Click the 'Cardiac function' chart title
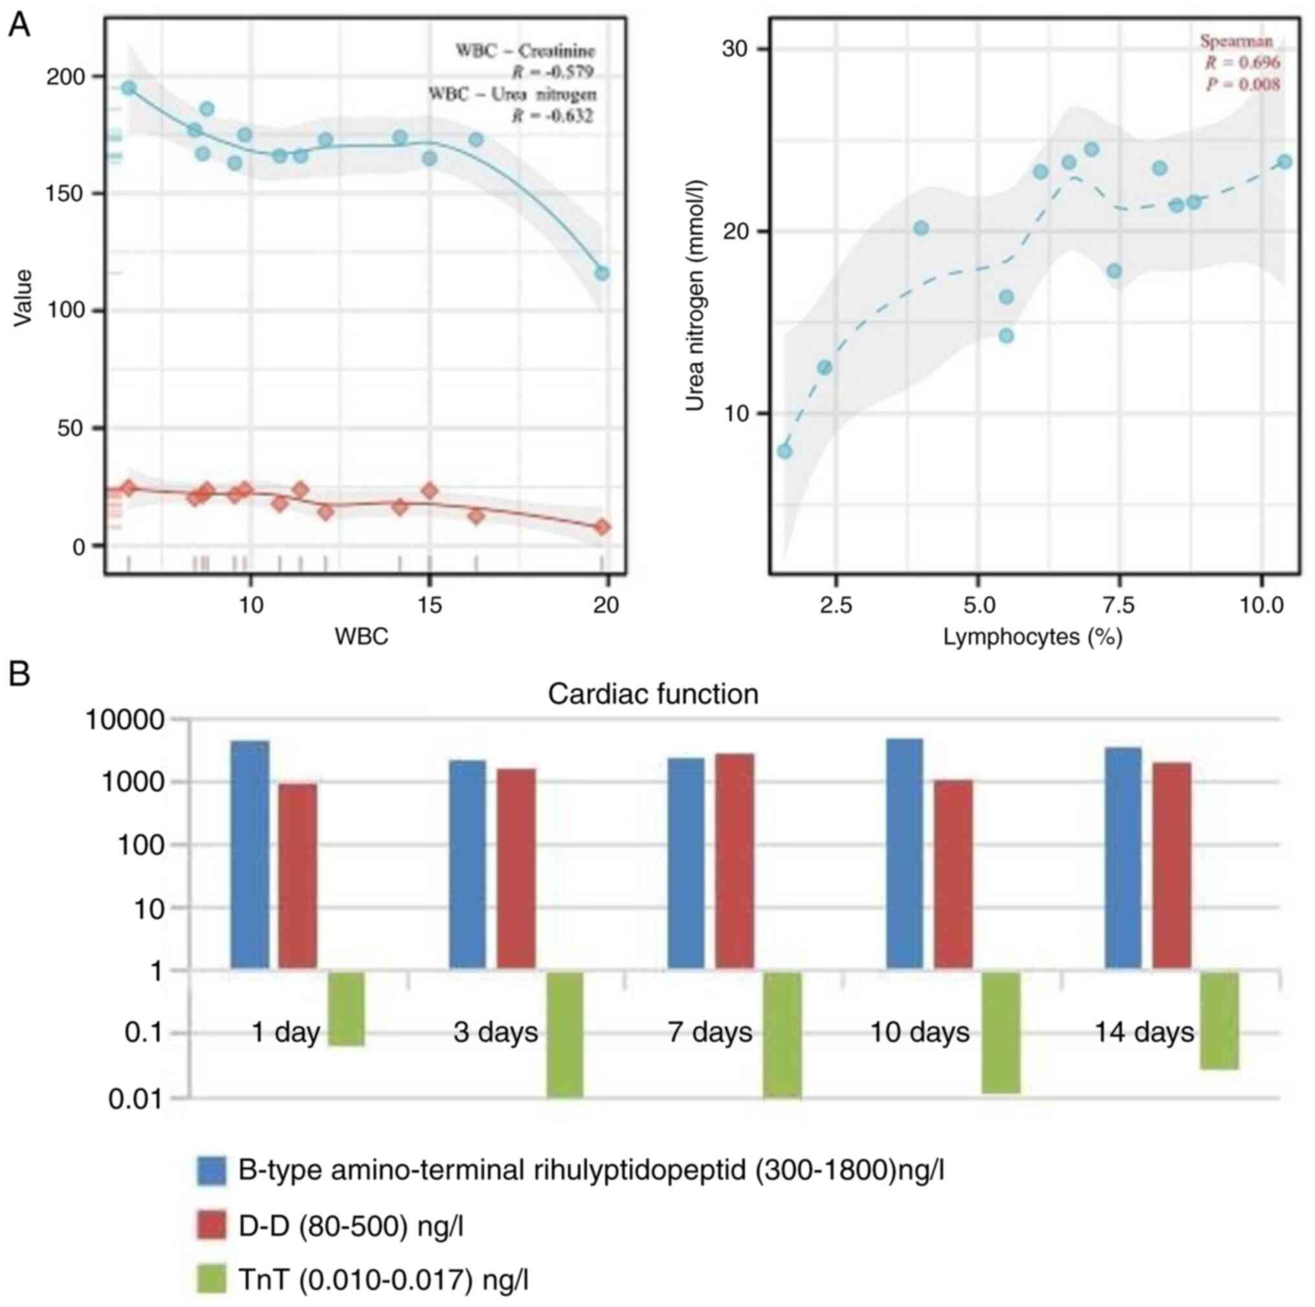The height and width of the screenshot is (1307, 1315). pos(653,695)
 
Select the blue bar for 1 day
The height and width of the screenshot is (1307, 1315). pos(250,855)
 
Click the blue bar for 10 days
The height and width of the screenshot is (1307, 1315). pos(905,853)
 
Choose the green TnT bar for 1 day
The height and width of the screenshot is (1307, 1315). pos(346,1009)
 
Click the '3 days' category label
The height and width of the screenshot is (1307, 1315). pos(496,1033)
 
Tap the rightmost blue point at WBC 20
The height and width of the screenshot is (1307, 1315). pos(602,273)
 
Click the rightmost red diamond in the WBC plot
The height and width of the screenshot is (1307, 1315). pos(602,527)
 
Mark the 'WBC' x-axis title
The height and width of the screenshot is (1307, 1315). pos(361,636)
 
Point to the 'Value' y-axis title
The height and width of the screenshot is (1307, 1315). pos(23,298)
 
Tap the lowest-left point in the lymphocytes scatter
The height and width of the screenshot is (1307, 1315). pos(785,451)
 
